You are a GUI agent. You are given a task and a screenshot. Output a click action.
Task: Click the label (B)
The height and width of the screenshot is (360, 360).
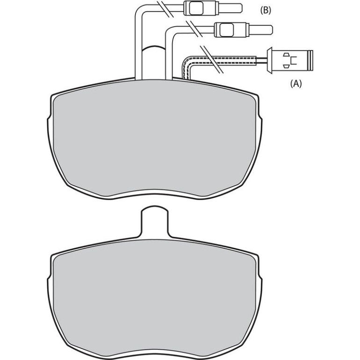pos(266,10)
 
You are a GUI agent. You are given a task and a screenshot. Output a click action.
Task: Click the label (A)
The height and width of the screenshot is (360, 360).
pos(296,84)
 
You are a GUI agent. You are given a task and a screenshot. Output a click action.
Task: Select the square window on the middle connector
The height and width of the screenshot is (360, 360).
pos(227,29)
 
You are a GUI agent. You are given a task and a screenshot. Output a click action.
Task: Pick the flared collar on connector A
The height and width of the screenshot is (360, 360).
pos(269,61)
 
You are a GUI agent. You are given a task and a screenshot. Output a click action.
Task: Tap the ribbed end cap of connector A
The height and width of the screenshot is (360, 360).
pos(310,60)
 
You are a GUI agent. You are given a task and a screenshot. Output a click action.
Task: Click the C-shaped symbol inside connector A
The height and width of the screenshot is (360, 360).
pos(294,60)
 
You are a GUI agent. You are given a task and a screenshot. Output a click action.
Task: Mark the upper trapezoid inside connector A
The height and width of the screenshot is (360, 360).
pos(286,55)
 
